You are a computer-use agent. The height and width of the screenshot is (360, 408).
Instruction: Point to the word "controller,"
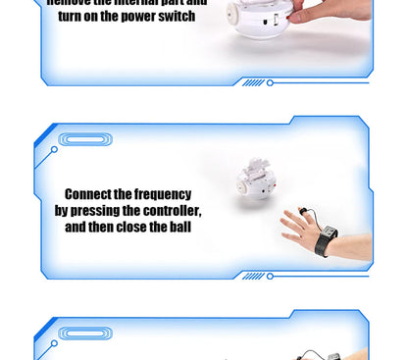pyautogui.click(x=169, y=211)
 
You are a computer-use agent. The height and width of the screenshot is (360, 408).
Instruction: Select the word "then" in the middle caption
pyautogui.click(x=106, y=228)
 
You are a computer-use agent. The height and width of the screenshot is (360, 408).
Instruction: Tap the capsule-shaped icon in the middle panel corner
pyautogui.click(x=85, y=139)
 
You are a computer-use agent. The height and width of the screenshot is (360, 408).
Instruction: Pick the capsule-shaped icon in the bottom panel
pyautogui.click(x=85, y=334)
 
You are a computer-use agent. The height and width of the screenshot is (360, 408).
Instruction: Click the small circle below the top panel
pyautogui.click(x=270, y=82)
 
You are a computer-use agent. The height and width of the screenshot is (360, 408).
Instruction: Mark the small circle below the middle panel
pyautogui.click(x=270, y=276)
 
